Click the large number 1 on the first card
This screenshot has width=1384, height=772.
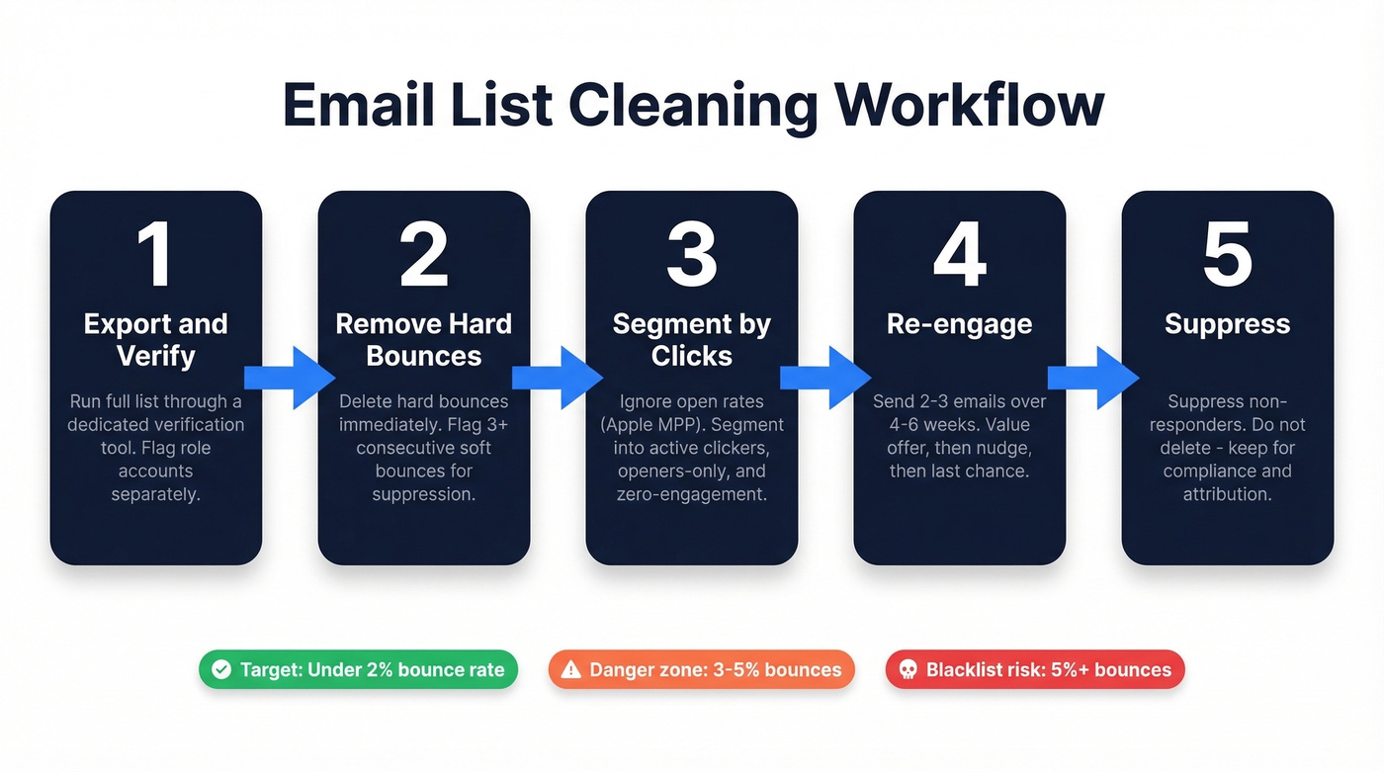[155, 255]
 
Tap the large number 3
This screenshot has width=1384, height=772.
[691, 255]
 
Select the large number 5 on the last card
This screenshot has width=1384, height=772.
[1227, 255]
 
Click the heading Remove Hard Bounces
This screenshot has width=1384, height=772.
[423, 339]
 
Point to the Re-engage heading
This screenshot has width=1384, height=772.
[959, 324]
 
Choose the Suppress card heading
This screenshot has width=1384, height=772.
[1227, 324]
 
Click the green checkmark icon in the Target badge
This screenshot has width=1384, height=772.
[222, 669]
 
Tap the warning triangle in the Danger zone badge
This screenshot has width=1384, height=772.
[570, 669]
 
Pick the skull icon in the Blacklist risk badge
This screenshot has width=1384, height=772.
[907, 669]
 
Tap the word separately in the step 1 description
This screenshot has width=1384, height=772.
[155, 493]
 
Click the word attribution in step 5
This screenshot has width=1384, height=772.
[1227, 493]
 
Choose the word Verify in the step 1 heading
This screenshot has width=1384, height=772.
[155, 355]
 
